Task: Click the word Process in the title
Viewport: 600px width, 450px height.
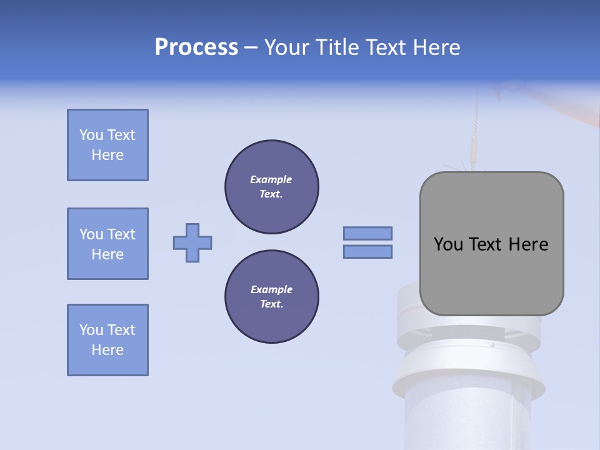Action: click(196, 47)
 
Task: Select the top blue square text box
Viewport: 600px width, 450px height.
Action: click(107, 145)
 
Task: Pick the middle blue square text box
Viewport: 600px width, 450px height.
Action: click(107, 244)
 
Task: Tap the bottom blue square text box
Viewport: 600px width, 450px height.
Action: click(107, 340)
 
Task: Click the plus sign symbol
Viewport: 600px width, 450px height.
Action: click(192, 242)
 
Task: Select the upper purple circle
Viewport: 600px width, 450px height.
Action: click(272, 187)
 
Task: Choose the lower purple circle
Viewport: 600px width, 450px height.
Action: click(272, 297)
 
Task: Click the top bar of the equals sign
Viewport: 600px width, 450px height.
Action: click(367, 233)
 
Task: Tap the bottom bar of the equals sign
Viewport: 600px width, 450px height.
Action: click(367, 251)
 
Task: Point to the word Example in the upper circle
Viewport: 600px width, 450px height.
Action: click(271, 179)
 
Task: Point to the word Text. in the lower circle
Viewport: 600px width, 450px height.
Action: click(271, 304)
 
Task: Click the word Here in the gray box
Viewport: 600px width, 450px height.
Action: click(528, 244)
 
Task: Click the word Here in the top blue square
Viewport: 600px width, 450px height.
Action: click(107, 155)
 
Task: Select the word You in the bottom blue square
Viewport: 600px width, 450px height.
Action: click(91, 330)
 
